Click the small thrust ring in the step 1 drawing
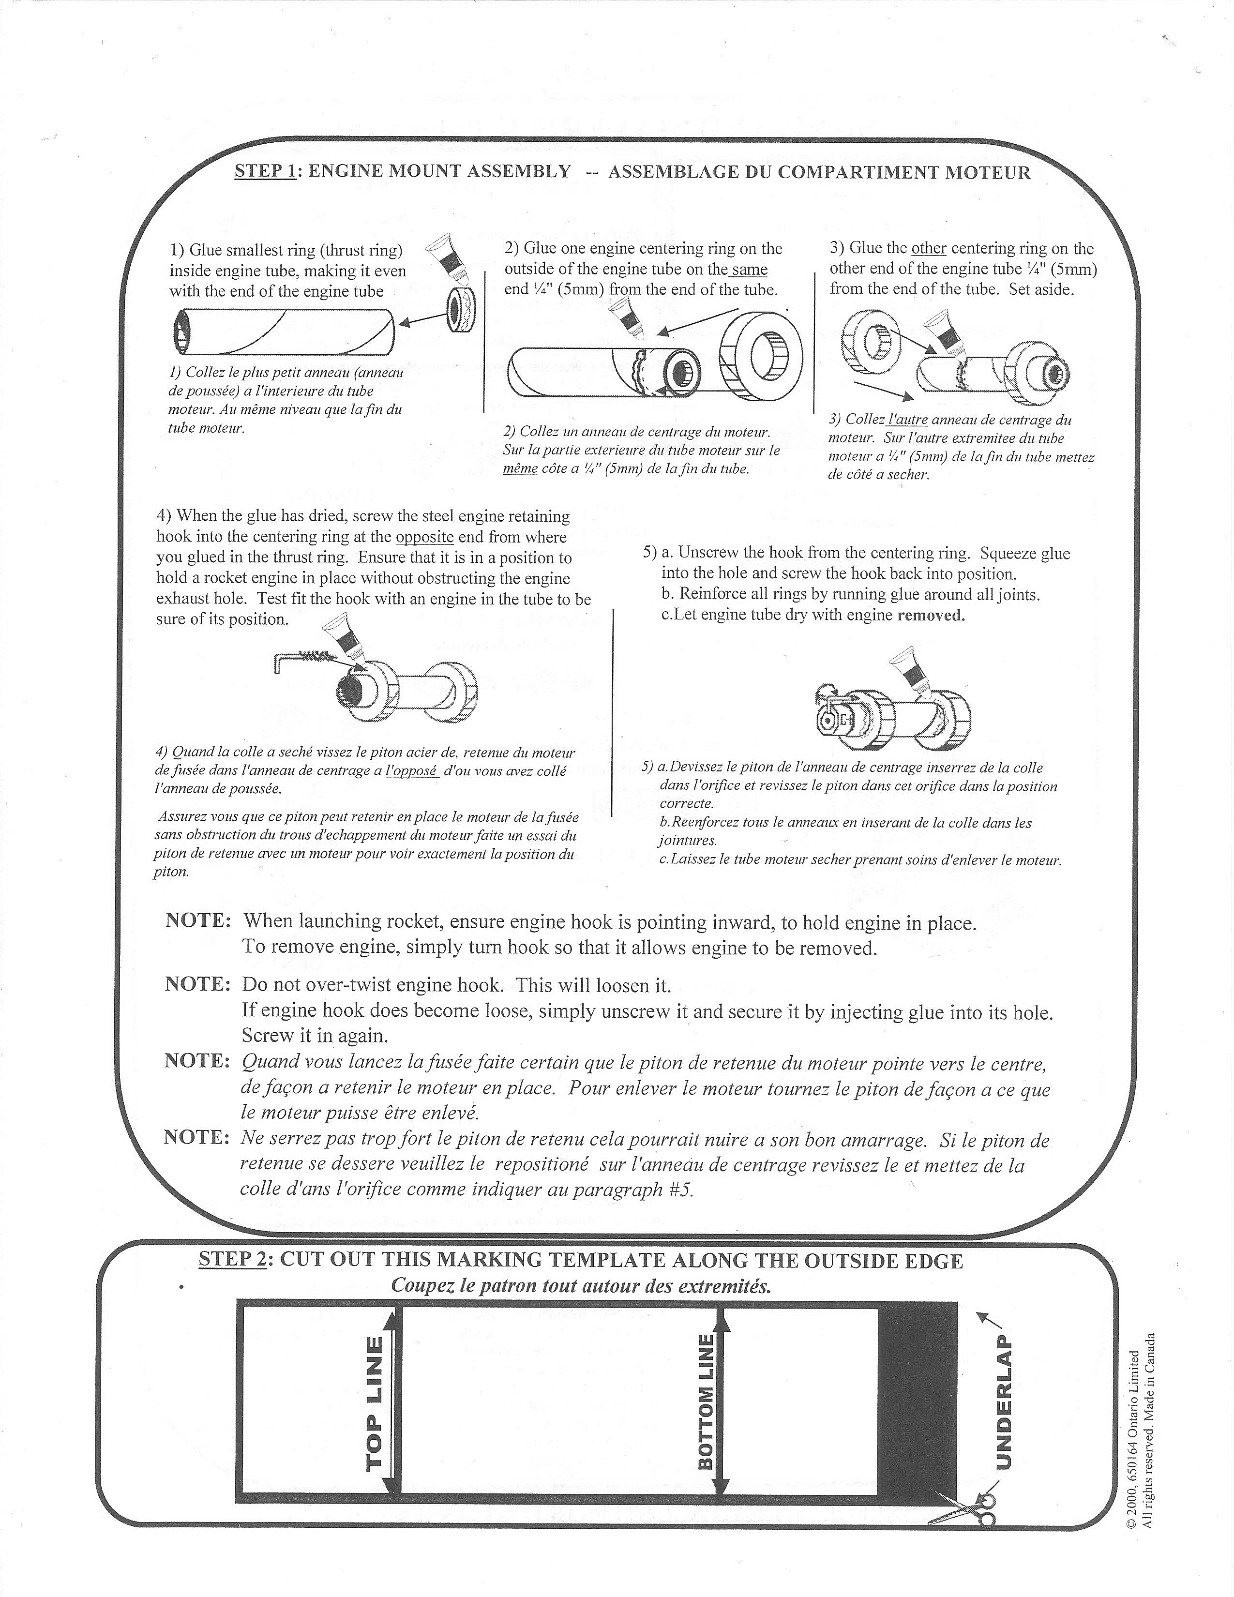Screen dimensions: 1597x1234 [x=461, y=312]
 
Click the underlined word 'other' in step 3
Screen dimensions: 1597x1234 [x=929, y=249]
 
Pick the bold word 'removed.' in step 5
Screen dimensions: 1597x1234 [x=931, y=615]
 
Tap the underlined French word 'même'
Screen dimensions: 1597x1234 [x=520, y=469]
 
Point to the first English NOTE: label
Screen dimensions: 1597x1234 [x=198, y=920]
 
